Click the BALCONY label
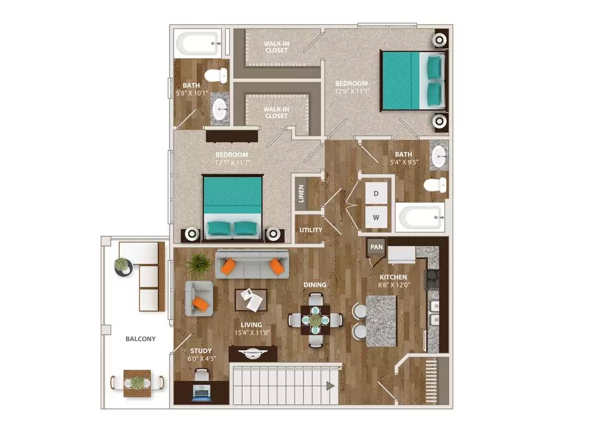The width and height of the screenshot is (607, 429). (x=140, y=339)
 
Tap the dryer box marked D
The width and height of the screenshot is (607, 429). (x=376, y=193)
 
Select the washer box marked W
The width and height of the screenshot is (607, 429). (x=376, y=217)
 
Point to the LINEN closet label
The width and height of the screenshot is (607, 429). (x=301, y=193)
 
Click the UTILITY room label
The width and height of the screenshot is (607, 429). (x=311, y=230)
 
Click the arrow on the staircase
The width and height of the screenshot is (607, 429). (x=329, y=386)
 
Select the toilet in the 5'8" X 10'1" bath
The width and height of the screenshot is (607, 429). (x=216, y=75)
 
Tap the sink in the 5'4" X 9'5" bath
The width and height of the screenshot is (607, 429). (x=439, y=156)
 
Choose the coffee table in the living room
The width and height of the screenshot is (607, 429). (x=251, y=299)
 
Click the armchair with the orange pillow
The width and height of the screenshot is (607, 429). (x=199, y=298)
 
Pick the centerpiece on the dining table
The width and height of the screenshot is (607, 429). (x=315, y=320)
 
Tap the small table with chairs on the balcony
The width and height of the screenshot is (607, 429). (x=137, y=383)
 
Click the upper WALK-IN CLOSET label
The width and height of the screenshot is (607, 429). (x=276, y=47)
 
